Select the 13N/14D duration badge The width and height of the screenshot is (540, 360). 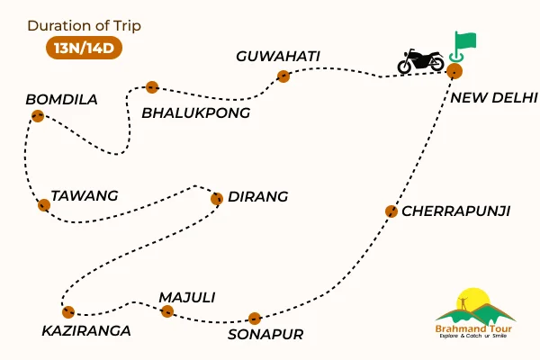(84, 48)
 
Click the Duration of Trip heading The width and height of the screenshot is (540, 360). (84, 24)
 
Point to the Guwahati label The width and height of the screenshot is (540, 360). (278, 57)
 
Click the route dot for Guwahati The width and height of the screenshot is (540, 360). (284, 76)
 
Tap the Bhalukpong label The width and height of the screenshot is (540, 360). (196, 112)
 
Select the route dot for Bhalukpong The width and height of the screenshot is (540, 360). (152, 87)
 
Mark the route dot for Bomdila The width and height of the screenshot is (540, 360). (37, 115)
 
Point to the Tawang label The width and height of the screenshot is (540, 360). (85, 195)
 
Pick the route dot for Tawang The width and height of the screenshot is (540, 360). (43, 205)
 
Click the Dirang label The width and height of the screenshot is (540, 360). (258, 196)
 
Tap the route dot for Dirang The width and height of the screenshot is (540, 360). (216, 198)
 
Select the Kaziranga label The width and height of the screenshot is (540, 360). (86, 330)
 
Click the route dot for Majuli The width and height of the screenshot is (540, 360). (166, 311)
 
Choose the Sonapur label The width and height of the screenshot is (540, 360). (265, 334)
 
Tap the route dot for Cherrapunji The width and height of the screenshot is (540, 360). (391, 211)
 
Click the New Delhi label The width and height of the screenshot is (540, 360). (494, 97)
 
